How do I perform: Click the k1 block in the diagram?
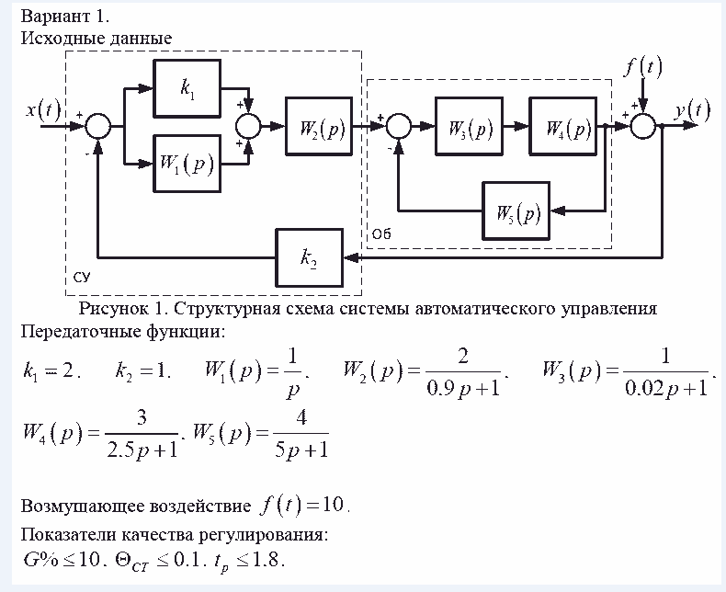[x=187, y=89]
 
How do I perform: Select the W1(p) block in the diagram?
[x=187, y=165]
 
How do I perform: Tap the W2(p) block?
[x=319, y=126]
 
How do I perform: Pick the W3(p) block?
[x=470, y=126]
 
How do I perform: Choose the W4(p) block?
[x=562, y=126]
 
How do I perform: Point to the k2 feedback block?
[x=308, y=258]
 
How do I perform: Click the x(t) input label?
[x=42, y=112]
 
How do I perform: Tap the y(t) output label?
[x=691, y=111]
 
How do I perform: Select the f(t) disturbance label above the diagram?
[x=642, y=67]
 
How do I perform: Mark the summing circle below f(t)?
[x=644, y=126]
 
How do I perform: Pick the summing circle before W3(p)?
[x=399, y=126]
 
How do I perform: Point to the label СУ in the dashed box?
[x=82, y=276]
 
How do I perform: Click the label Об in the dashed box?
[x=381, y=235]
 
